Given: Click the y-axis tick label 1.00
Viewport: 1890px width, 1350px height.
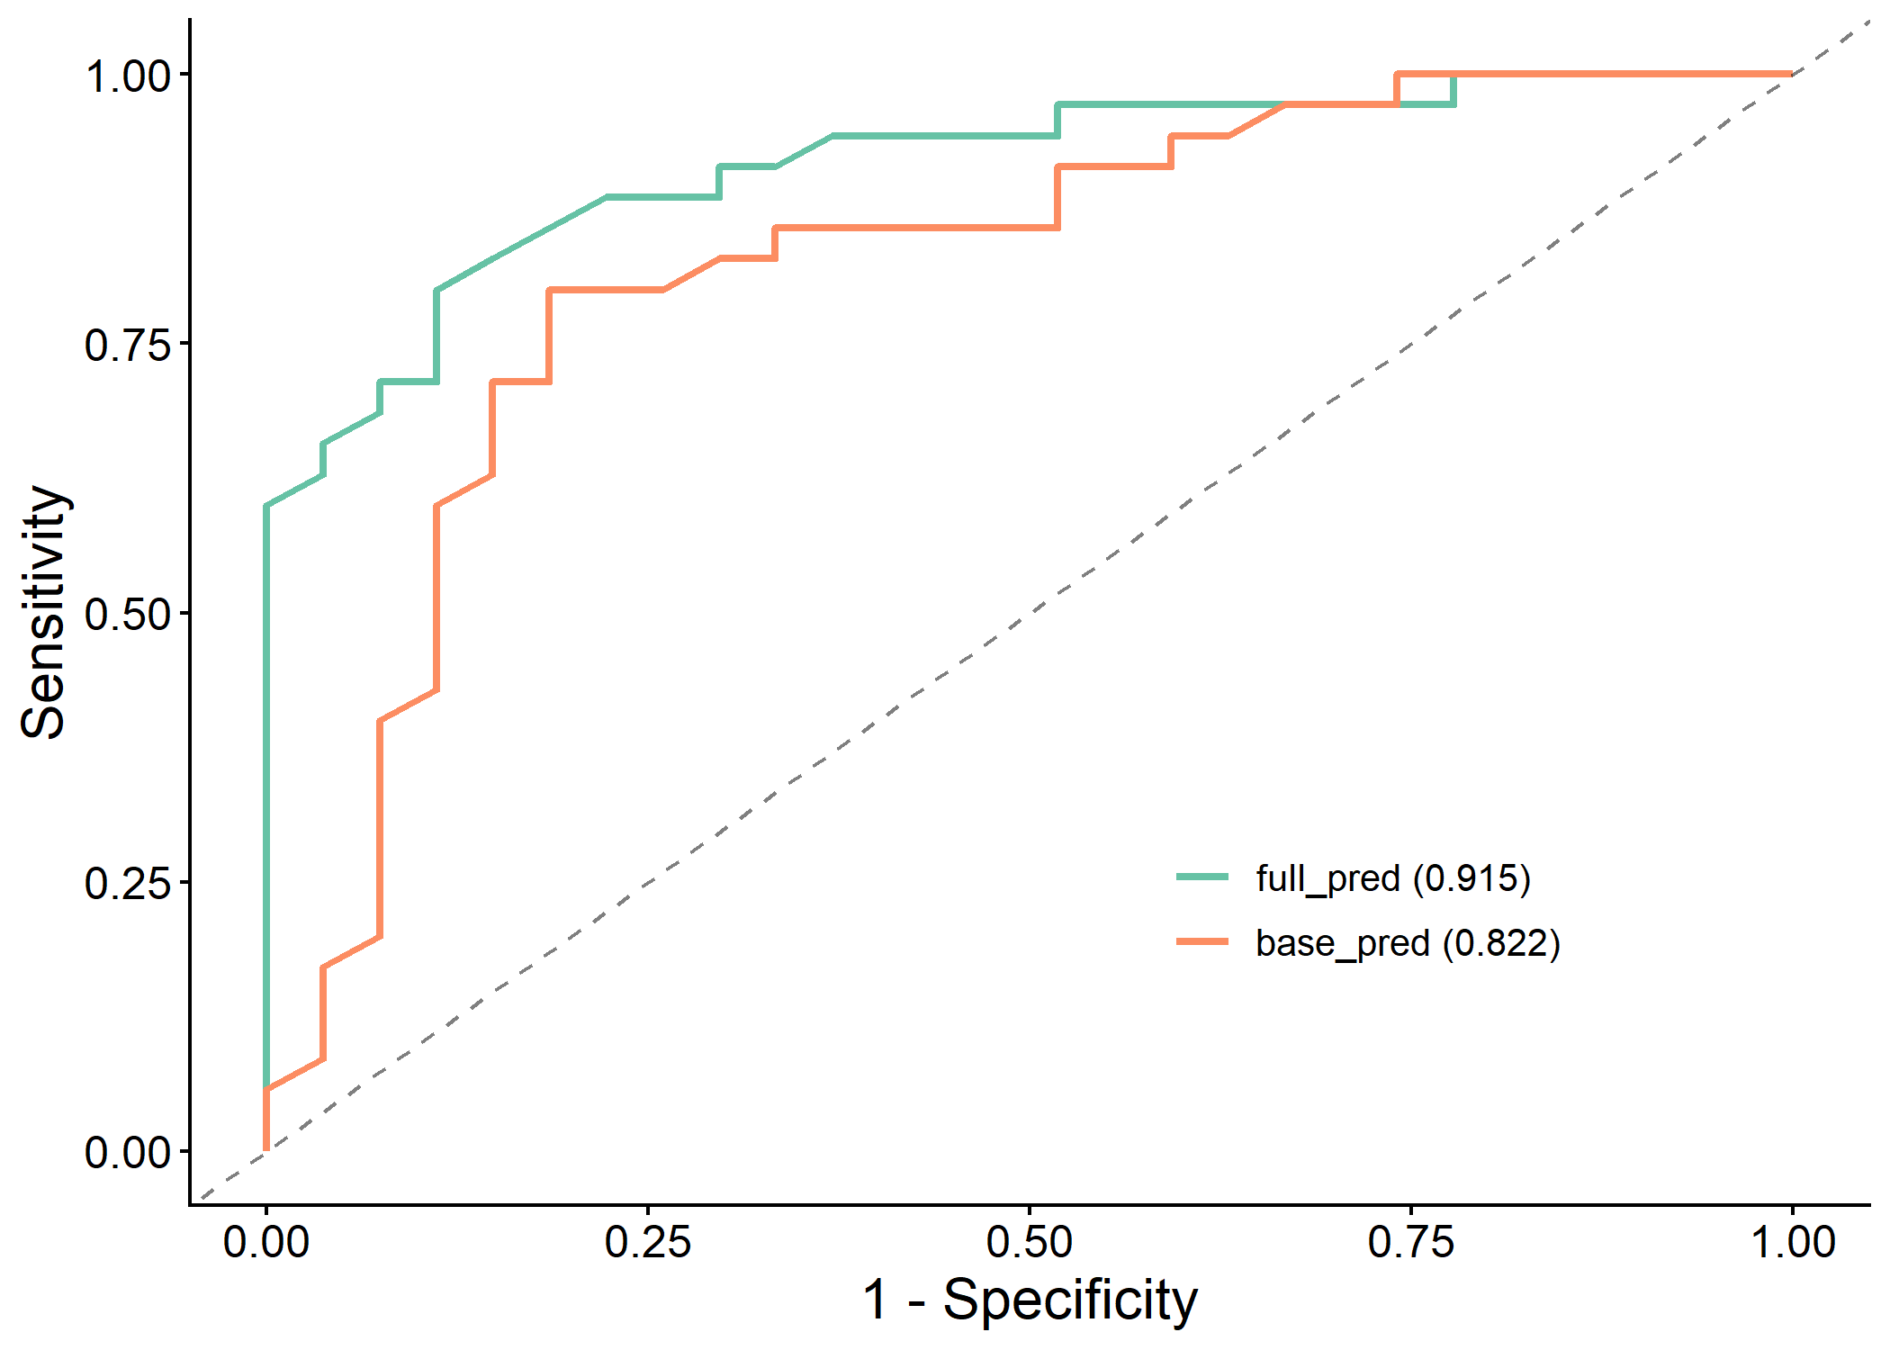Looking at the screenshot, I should pos(127,76).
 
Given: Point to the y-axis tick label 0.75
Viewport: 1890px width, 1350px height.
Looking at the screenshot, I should pos(127,345).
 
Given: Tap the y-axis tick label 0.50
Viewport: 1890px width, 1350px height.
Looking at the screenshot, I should pos(127,614).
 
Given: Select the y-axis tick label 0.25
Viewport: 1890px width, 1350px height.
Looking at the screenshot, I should pos(127,883).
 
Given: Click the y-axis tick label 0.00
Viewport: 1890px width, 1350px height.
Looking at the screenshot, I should pos(127,1152).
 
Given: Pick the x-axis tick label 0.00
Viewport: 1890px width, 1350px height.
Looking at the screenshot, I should pos(266,1243).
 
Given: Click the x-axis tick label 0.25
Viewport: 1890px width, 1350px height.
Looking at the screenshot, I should pos(648,1243).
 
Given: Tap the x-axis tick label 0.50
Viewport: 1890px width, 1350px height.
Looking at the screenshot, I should pos(1030,1243).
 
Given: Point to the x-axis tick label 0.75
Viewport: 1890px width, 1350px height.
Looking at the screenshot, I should pos(1411,1243).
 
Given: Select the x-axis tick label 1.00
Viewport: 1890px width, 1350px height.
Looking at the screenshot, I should pos(1793,1243).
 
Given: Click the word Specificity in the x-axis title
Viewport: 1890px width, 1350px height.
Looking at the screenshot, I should pos(1070,1300).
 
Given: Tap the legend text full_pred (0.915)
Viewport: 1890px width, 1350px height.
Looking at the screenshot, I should pos(1393,877).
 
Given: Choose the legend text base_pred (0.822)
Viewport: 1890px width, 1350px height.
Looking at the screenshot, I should pos(1408,942).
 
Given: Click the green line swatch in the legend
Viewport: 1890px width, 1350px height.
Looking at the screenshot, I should pos(1202,877).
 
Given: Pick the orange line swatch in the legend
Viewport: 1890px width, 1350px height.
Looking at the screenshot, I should pos(1202,941).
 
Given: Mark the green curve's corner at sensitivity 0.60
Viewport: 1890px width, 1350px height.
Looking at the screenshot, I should pos(266,506).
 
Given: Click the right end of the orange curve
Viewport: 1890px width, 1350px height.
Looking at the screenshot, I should pos(1791,74).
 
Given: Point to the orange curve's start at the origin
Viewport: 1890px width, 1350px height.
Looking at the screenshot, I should pos(266,1149).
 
